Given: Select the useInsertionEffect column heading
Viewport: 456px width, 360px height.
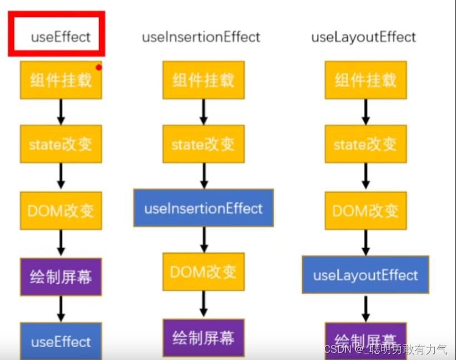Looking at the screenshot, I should click(201, 37).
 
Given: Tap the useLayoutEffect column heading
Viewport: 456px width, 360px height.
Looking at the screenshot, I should click(363, 37).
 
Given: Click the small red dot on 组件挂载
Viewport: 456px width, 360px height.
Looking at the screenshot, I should click(98, 68).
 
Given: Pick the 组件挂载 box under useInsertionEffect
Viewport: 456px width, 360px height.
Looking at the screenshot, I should click(203, 80).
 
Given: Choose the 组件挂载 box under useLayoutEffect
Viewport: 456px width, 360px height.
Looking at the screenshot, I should click(365, 80).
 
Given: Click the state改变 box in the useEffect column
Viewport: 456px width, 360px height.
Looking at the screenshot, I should click(61, 144).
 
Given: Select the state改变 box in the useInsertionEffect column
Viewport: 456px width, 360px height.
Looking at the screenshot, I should click(203, 144).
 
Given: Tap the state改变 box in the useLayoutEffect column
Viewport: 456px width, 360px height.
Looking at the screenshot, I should click(365, 144).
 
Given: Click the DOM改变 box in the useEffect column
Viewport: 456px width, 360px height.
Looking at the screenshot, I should click(61, 211).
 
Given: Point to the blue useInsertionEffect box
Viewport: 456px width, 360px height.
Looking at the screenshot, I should click(203, 208).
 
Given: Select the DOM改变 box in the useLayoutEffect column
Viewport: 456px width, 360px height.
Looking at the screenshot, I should click(365, 211).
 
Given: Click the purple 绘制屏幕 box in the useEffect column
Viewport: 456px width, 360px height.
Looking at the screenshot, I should click(61, 277).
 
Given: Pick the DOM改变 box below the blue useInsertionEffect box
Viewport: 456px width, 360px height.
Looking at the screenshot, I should click(203, 272).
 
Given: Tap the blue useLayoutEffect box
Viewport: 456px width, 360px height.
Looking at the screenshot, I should click(365, 275).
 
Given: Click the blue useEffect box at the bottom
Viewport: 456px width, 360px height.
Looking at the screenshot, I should click(61, 341).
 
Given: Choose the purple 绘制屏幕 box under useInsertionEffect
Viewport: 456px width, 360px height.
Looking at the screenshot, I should click(203, 337).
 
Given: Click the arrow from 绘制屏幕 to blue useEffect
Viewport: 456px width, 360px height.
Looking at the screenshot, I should click(61, 308).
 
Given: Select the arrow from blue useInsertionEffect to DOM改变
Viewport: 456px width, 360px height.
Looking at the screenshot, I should click(204, 239).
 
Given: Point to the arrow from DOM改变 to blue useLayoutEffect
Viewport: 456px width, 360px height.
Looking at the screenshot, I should click(365, 243).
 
